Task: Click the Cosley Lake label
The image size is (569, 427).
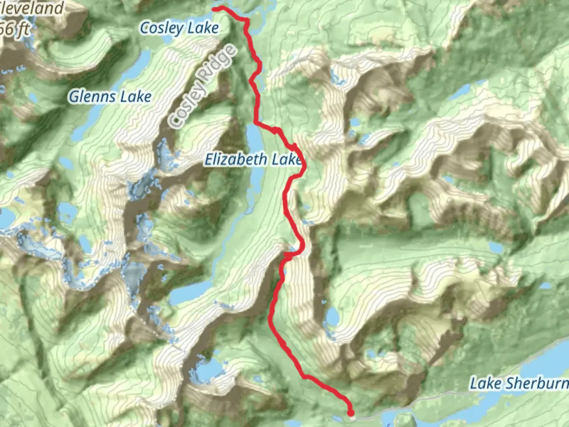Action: click(x=179, y=28)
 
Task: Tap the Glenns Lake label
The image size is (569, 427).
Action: click(x=110, y=96)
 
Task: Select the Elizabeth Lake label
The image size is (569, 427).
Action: click(x=253, y=159)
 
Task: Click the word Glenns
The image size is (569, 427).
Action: click(x=92, y=96)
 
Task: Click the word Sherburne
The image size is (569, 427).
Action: click(x=537, y=383)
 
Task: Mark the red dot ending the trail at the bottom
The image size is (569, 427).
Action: click(x=350, y=413)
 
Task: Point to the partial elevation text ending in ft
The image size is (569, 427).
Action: click(x=15, y=28)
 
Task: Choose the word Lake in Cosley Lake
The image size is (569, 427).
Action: click(x=203, y=28)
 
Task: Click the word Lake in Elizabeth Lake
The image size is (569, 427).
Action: click(x=286, y=159)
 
